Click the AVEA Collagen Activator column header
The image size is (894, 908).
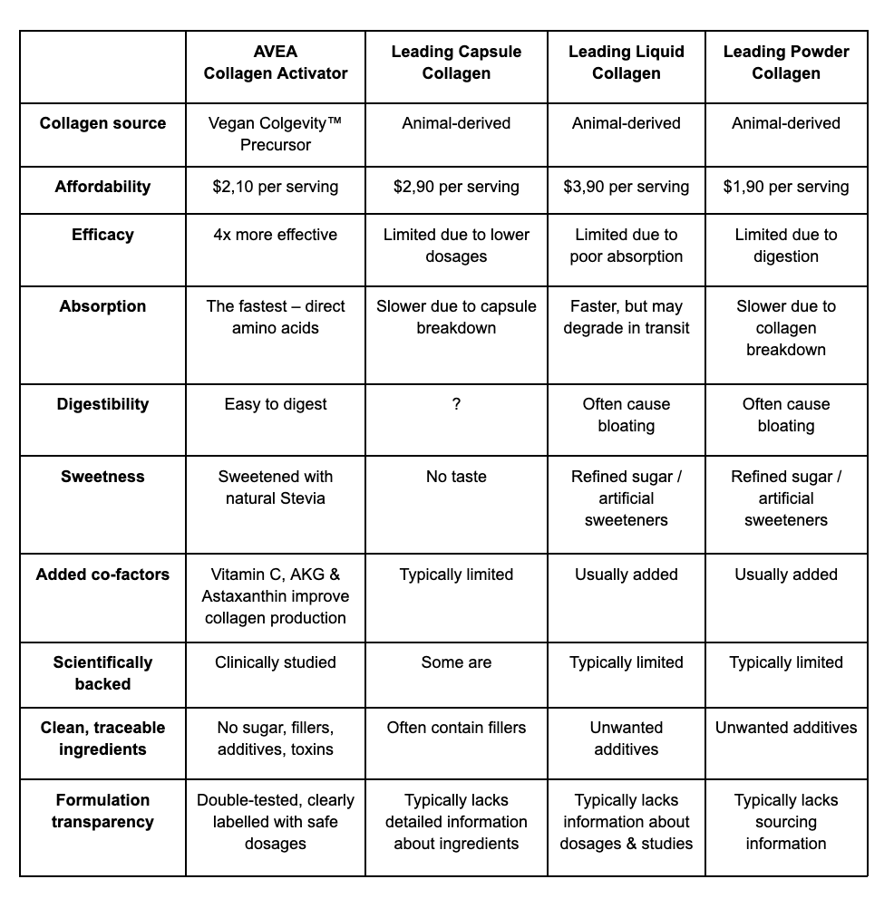(x=276, y=63)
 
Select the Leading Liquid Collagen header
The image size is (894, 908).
(x=626, y=63)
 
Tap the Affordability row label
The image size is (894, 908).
(x=102, y=188)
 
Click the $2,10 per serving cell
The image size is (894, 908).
(x=276, y=188)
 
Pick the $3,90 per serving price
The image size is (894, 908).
(x=626, y=188)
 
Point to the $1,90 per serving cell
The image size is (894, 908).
(x=786, y=188)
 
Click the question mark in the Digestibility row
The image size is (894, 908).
(x=456, y=405)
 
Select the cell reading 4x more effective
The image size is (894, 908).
(x=276, y=235)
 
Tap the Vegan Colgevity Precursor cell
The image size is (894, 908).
(x=276, y=134)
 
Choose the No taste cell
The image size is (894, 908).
(x=456, y=477)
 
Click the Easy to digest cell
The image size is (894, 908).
(x=276, y=405)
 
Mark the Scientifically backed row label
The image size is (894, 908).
(x=102, y=673)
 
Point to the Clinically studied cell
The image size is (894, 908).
(x=276, y=662)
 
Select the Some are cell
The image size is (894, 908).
(x=456, y=662)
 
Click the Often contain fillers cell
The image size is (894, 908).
(x=456, y=728)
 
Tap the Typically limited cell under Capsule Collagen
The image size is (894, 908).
(x=456, y=575)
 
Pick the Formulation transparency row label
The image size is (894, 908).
(x=102, y=811)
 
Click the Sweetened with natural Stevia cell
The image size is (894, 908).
(x=276, y=488)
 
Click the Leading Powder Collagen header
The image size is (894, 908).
(x=786, y=63)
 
